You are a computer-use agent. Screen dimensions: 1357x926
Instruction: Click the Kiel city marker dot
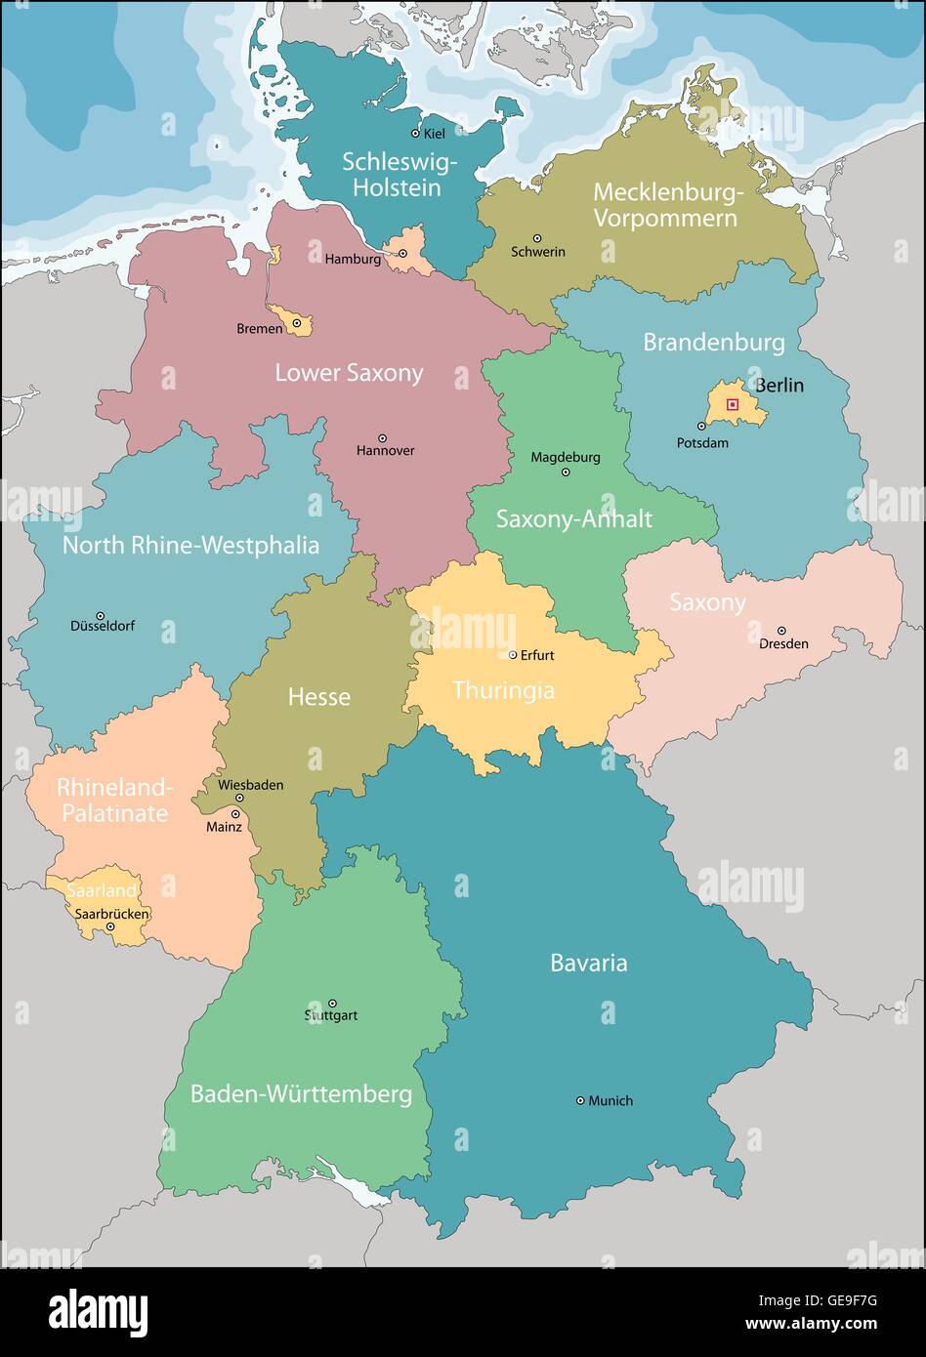[x=415, y=133]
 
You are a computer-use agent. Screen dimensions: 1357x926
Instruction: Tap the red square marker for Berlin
[x=733, y=404]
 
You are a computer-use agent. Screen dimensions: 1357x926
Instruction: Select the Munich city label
[x=610, y=1100]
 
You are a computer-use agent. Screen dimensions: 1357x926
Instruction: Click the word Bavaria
[x=588, y=963]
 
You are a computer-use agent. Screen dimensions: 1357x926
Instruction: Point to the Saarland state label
[x=102, y=890]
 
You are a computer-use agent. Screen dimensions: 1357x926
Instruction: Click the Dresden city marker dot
[x=781, y=631]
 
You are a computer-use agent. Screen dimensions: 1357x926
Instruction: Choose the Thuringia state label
[x=503, y=690]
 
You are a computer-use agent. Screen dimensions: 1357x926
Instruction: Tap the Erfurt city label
[x=537, y=655]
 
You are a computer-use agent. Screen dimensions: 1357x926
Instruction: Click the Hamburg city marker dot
[x=400, y=254]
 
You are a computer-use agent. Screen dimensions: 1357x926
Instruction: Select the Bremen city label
[x=260, y=329]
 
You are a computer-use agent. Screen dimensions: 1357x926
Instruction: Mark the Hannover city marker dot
[x=382, y=438]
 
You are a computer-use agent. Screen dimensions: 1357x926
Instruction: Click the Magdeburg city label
[x=566, y=457]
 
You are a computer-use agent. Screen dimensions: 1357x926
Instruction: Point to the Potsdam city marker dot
[x=701, y=427]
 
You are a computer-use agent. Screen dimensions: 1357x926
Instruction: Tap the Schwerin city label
[x=538, y=252]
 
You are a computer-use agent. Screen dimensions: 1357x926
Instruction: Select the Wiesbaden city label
[x=251, y=784]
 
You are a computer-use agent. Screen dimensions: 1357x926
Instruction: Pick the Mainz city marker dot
[x=235, y=813]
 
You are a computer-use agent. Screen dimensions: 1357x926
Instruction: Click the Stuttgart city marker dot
[x=332, y=1003]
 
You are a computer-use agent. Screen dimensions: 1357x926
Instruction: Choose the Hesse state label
[x=319, y=697]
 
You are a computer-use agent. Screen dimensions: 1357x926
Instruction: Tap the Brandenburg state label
[x=713, y=343]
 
